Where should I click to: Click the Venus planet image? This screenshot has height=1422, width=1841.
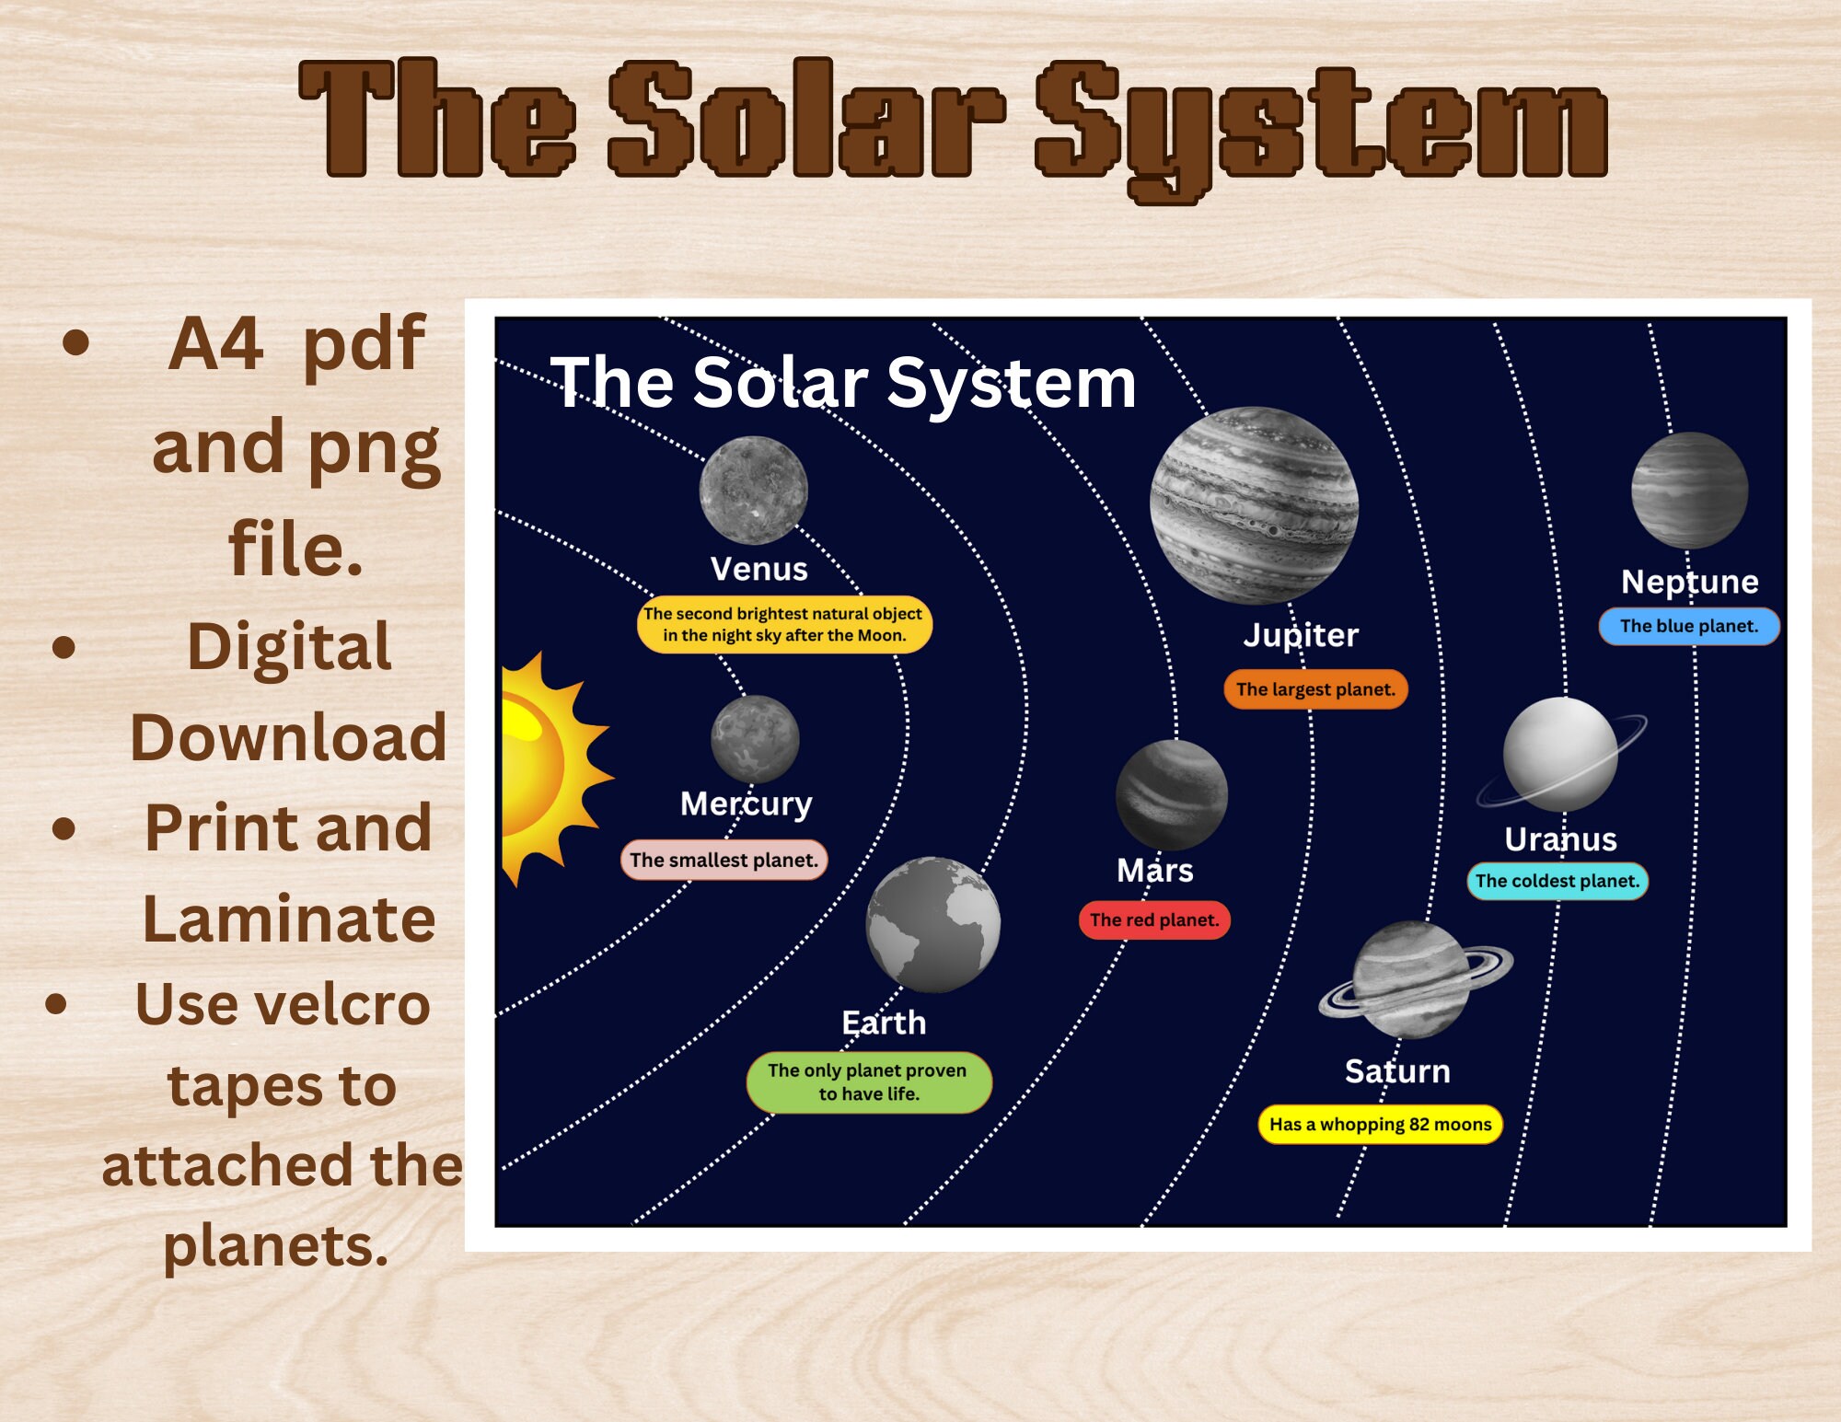(753, 490)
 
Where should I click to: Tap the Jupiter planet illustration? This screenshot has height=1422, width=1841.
(1254, 505)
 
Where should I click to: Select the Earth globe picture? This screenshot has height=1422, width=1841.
(932, 924)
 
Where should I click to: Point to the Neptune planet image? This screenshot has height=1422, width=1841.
(1689, 491)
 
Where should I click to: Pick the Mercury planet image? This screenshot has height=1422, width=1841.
(755, 739)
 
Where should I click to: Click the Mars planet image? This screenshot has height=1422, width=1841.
(1171, 794)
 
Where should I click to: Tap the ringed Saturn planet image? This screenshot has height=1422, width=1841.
(1412, 979)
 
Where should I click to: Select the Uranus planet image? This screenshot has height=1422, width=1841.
(1560, 754)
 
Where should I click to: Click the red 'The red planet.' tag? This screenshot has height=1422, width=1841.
(1153, 919)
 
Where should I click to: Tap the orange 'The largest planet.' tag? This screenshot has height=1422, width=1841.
(1314, 688)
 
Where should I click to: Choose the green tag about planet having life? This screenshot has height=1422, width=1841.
(868, 1081)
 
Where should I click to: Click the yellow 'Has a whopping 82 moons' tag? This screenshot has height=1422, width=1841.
(1379, 1124)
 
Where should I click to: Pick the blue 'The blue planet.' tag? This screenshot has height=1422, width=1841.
(1688, 626)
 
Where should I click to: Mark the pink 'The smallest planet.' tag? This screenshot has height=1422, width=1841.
(724, 860)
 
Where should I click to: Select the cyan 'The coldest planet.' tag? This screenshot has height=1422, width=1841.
(1557, 880)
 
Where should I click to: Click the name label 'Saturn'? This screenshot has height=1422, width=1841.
(1396, 1070)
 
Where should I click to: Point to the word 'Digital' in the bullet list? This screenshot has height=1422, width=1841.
(289, 646)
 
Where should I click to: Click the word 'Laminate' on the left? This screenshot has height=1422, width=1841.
(288, 919)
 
